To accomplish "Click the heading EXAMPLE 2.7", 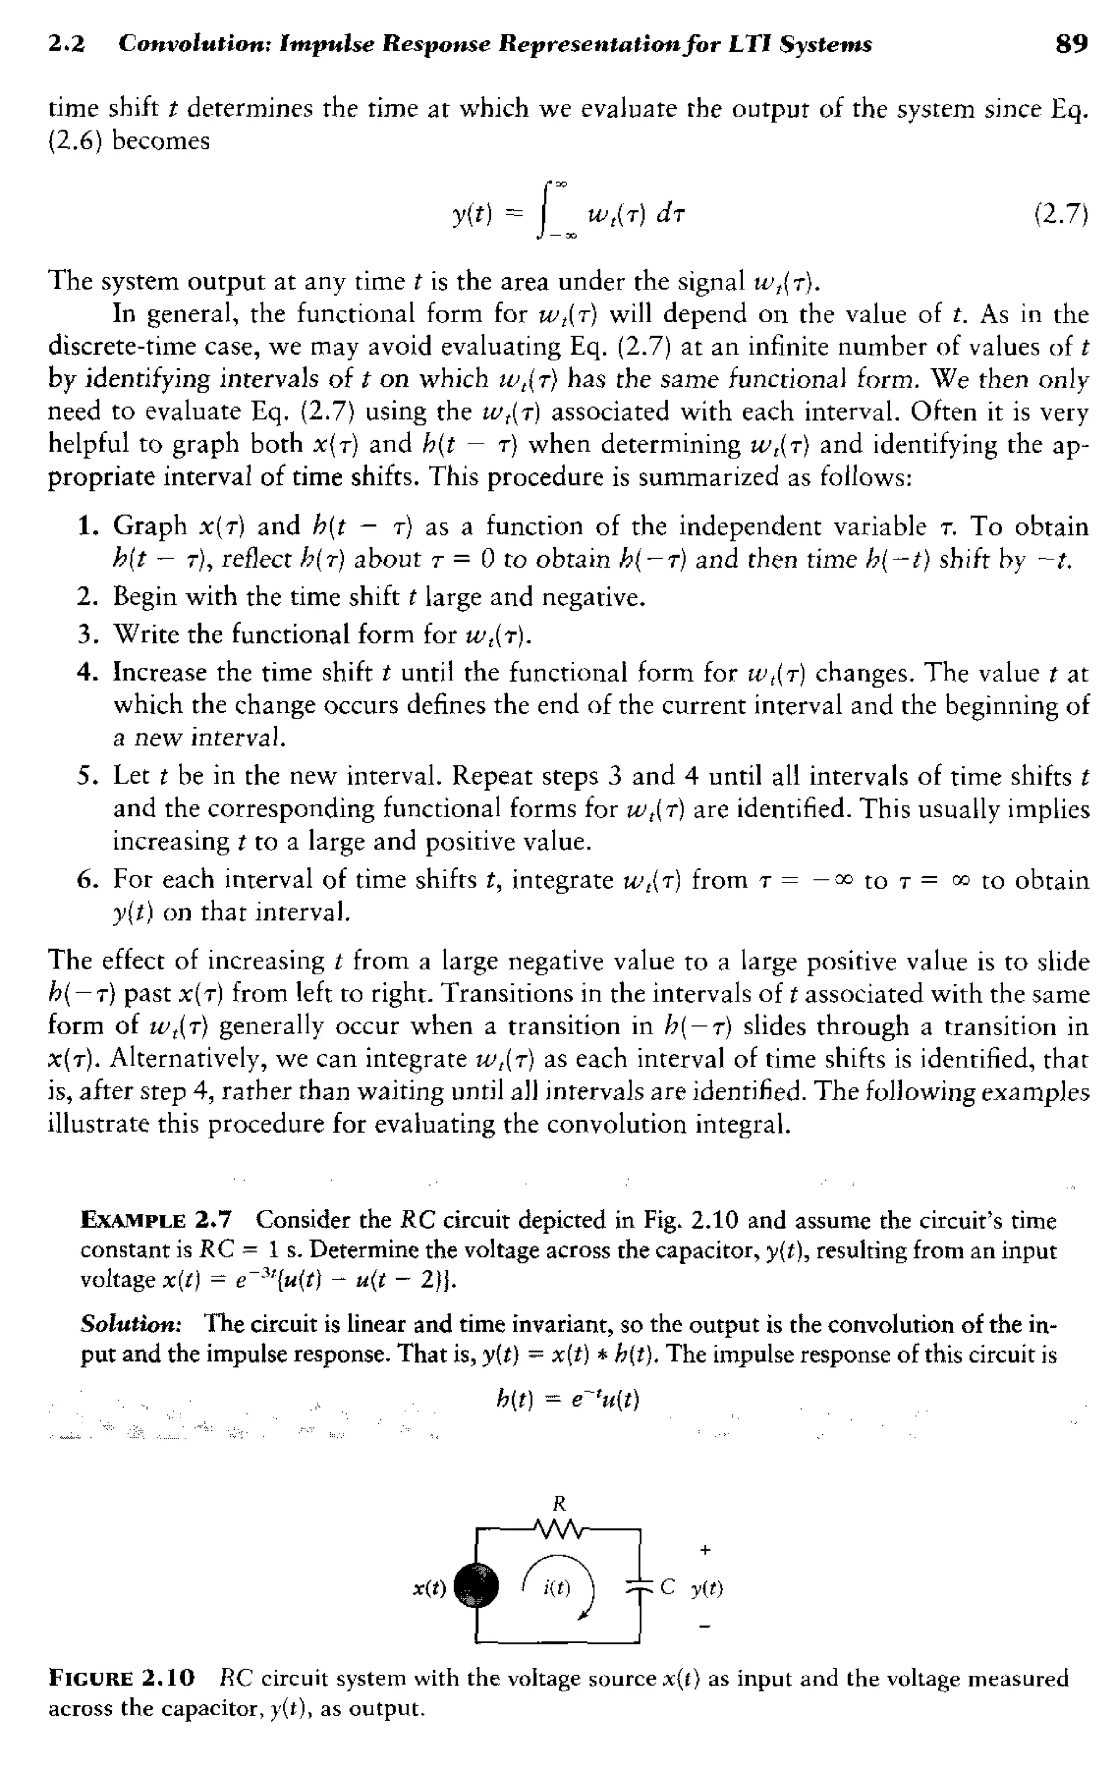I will [156, 1221].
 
